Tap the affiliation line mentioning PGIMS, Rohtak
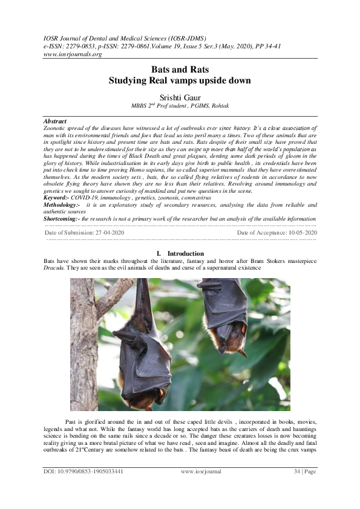(x=180, y=105)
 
